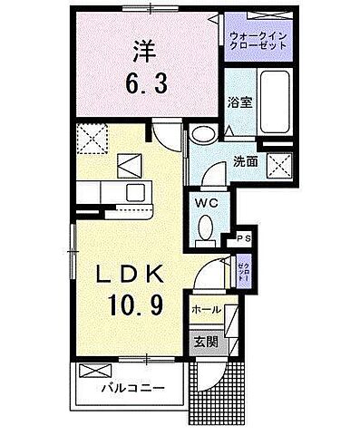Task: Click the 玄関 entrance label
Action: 204,342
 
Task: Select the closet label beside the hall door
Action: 243,269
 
